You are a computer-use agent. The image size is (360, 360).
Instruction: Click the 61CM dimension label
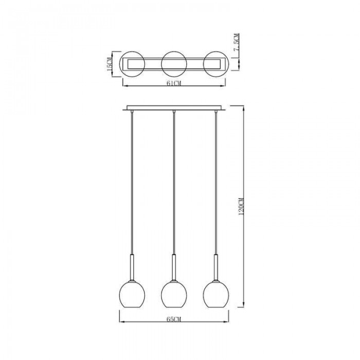click(x=174, y=83)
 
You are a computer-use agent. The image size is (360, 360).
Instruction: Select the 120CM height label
click(x=241, y=206)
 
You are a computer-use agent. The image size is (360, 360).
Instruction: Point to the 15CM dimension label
click(x=109, y=64)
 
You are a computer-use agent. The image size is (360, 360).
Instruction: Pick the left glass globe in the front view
click(x=132, y=295)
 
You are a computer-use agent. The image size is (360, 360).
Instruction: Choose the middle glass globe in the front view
click(x=174, y=295)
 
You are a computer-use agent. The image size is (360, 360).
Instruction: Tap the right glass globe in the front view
click(x=216, y=295)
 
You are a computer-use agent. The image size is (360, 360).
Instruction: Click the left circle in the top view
click(x=132, y=52)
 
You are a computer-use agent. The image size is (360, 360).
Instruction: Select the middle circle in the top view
click(x=174, y=52)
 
